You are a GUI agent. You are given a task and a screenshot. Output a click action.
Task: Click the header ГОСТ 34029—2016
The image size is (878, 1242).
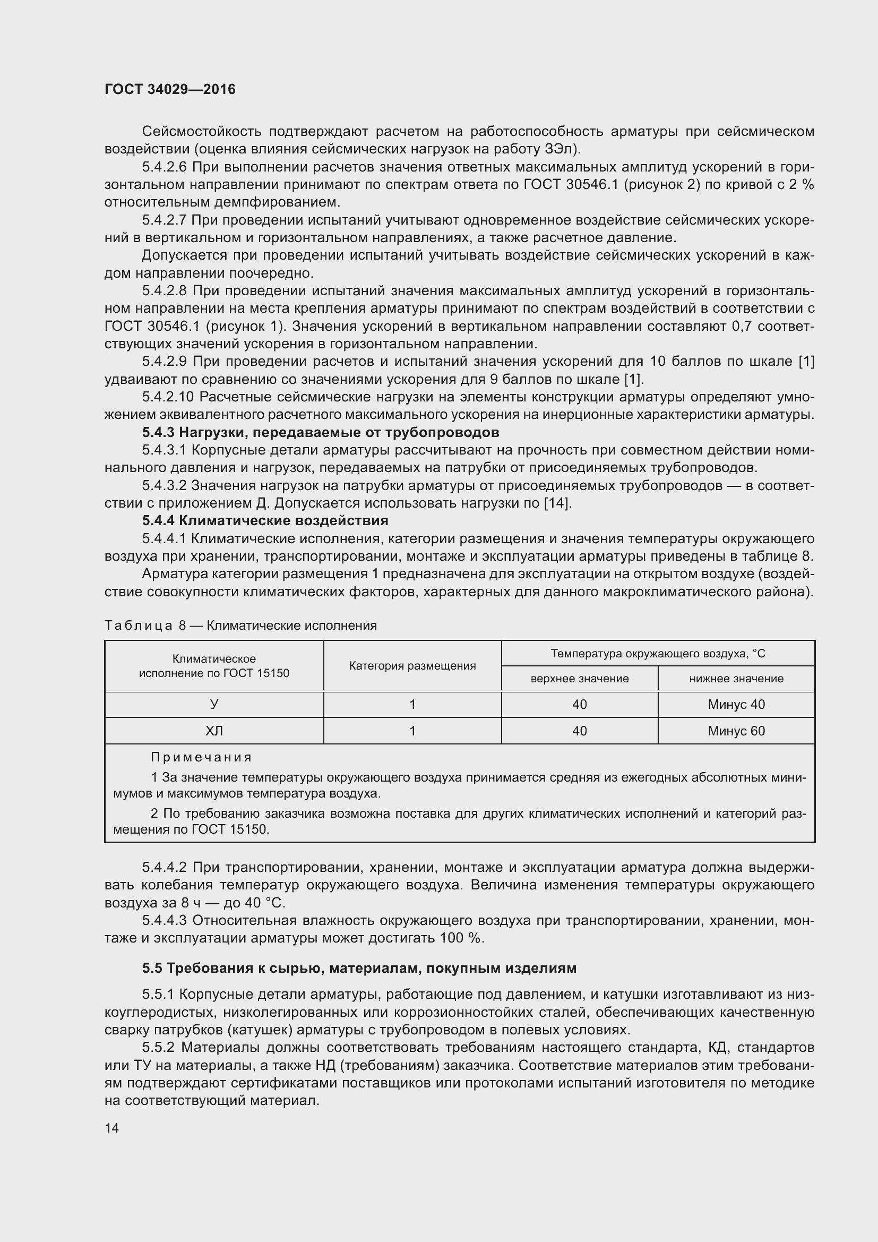170,89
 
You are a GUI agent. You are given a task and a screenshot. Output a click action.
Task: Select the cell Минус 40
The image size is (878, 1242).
736,704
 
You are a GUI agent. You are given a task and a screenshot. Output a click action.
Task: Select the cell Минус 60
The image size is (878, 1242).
736,731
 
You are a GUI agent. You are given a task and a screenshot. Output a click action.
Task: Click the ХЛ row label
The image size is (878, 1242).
214,731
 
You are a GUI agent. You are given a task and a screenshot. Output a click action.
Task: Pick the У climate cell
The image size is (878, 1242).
214,704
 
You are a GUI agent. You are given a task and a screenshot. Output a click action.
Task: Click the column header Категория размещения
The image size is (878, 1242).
412,666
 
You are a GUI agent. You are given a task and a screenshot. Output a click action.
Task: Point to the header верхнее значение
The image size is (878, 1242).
579,678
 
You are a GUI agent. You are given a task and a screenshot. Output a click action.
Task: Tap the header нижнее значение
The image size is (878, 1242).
736,678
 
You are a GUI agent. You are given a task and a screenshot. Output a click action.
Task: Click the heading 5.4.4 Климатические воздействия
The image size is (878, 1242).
265,521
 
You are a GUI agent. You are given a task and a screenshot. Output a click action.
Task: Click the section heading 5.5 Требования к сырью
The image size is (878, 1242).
359,968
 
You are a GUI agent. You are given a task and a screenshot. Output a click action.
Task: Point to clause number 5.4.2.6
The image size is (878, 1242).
164,167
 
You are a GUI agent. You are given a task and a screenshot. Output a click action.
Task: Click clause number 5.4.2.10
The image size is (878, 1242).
168,397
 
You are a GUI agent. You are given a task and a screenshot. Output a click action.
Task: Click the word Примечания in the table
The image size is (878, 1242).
201,757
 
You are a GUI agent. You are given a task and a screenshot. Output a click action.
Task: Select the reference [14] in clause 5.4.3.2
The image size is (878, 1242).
557,503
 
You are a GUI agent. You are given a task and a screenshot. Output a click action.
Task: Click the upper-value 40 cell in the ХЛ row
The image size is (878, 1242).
579,731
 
